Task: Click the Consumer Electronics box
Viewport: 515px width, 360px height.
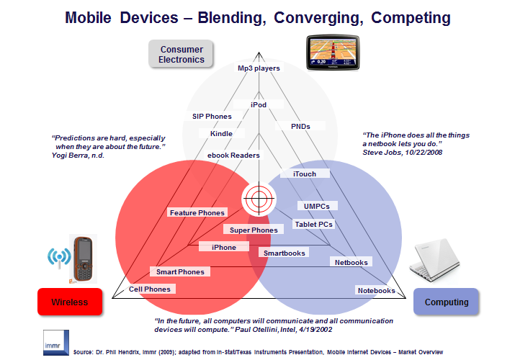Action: pyautogui.click(x=182, y=54)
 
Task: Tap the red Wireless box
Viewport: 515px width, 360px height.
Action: pyautogui.click(x=70, y=302)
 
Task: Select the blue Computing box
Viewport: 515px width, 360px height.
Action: pyautogui.click(x=445, y=302)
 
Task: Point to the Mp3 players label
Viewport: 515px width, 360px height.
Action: pyautogui.click(x=259, y=68)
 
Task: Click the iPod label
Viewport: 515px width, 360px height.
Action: pyautogui.click(x=259, y=105)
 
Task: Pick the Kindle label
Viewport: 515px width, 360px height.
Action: pyautogui.click(x=221, y=134)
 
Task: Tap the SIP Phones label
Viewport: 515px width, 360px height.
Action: pyautogui.click(x=212, y=116)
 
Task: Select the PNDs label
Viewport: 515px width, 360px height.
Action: pyautogui.click(x=300, y=126)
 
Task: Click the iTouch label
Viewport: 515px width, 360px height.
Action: pyautogui.click(x=304, y=174)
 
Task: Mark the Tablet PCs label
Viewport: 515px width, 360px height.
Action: pyautogui.click(x=314, y=225)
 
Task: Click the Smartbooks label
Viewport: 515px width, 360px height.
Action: pyautogui.click(x=284, y=253)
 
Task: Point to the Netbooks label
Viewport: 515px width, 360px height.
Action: pyautogui.click(x=351, y=263)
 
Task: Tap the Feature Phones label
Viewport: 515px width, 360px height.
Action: pyautogui.click(x=197, y=213)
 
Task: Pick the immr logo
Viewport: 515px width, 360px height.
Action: pyautogui.click(x=55, y=338)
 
